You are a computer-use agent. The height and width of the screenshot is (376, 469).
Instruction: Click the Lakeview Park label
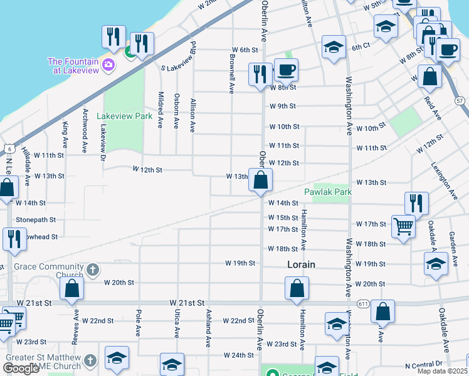click(x=125, y=116)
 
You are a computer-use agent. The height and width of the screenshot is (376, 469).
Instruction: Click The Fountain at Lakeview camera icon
click(x=108, y=65)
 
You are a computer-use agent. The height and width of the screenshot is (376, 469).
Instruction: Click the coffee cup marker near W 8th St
click(x=286, y=70)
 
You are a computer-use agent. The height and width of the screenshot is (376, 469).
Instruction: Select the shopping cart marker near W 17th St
click(x=403, y=227)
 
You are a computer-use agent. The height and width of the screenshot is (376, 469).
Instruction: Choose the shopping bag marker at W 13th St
click(x=260, y=180)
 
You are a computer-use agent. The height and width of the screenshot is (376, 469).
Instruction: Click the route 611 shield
click(x=363, y=303)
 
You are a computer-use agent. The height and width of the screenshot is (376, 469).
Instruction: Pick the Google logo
click(x=21, y=368)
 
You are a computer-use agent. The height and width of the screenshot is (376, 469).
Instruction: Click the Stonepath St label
click(x=36, y=220)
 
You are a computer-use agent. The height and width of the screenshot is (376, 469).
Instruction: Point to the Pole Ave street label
click(x=137, y=319)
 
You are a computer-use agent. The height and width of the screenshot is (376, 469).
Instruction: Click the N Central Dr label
click(x=424, y=364)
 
